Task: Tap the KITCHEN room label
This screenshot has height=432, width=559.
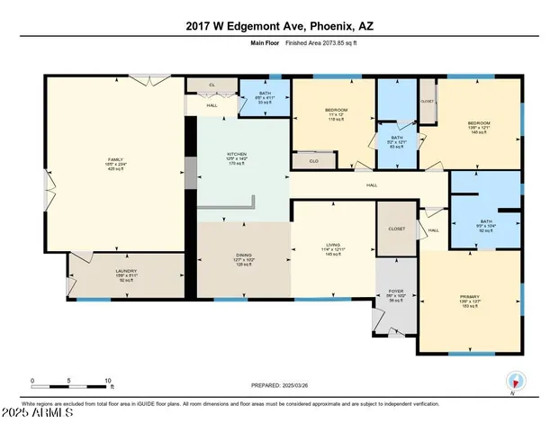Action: [236, 155]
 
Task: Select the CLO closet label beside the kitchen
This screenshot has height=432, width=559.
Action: [313, 161]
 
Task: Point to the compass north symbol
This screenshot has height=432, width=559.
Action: [513, 380]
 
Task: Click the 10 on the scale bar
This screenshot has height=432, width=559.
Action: [108, 380]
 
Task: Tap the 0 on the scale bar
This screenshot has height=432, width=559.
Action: [32, 380]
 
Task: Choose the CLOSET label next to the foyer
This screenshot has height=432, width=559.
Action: [396, 229]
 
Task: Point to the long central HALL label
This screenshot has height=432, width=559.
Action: [371, 185]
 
